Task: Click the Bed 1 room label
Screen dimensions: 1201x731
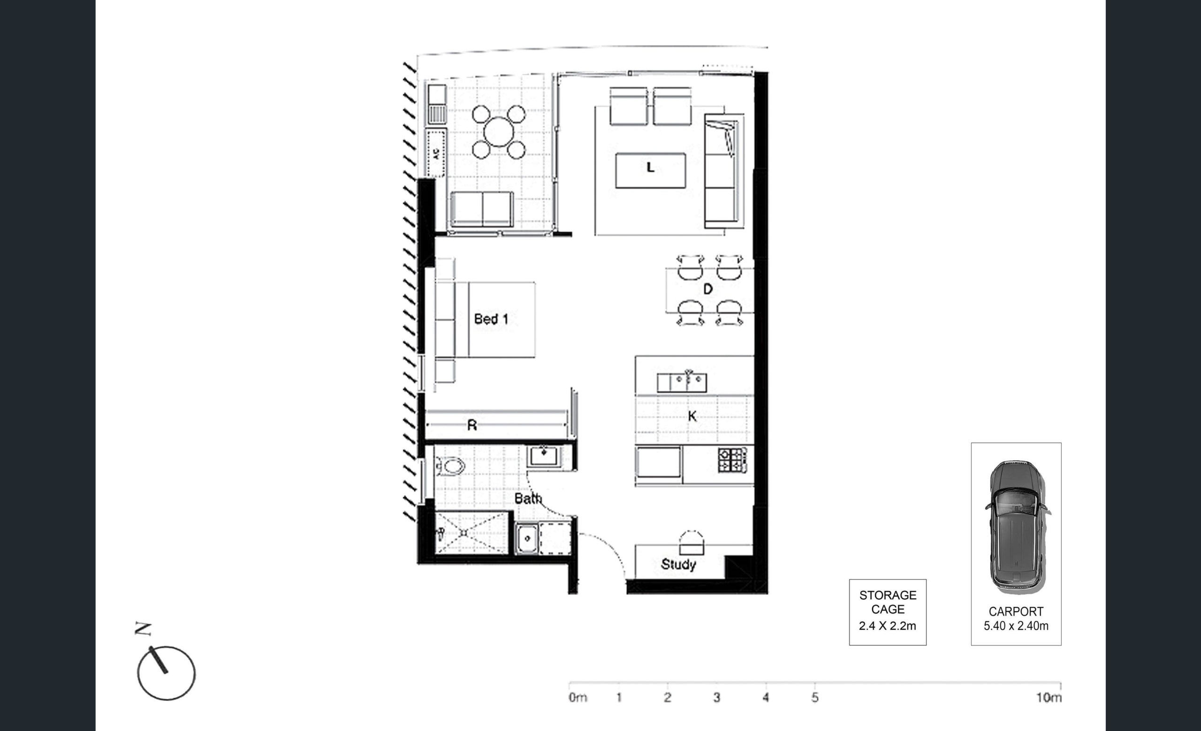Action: (491, 319)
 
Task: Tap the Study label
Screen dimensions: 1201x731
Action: (678, 564)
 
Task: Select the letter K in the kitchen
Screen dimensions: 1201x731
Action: (692, 416)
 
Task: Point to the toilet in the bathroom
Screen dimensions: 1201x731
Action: (450, 466)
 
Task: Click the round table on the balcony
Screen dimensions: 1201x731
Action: (499, 131)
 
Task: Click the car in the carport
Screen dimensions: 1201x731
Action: (1017, 527)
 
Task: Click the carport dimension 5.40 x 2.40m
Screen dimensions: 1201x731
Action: (1016, 626)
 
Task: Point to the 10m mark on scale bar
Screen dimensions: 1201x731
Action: (1049, 697)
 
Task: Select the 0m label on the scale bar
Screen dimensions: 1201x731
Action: (578, 697)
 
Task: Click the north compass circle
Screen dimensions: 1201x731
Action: (166, 673)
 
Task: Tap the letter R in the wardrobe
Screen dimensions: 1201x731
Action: (472, 426)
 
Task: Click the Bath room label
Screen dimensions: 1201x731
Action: (528, 498)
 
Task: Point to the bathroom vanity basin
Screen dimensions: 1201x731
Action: (544, 457)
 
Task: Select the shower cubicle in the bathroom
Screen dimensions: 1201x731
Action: (472, 533)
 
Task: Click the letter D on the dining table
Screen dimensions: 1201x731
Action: (708, 289)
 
